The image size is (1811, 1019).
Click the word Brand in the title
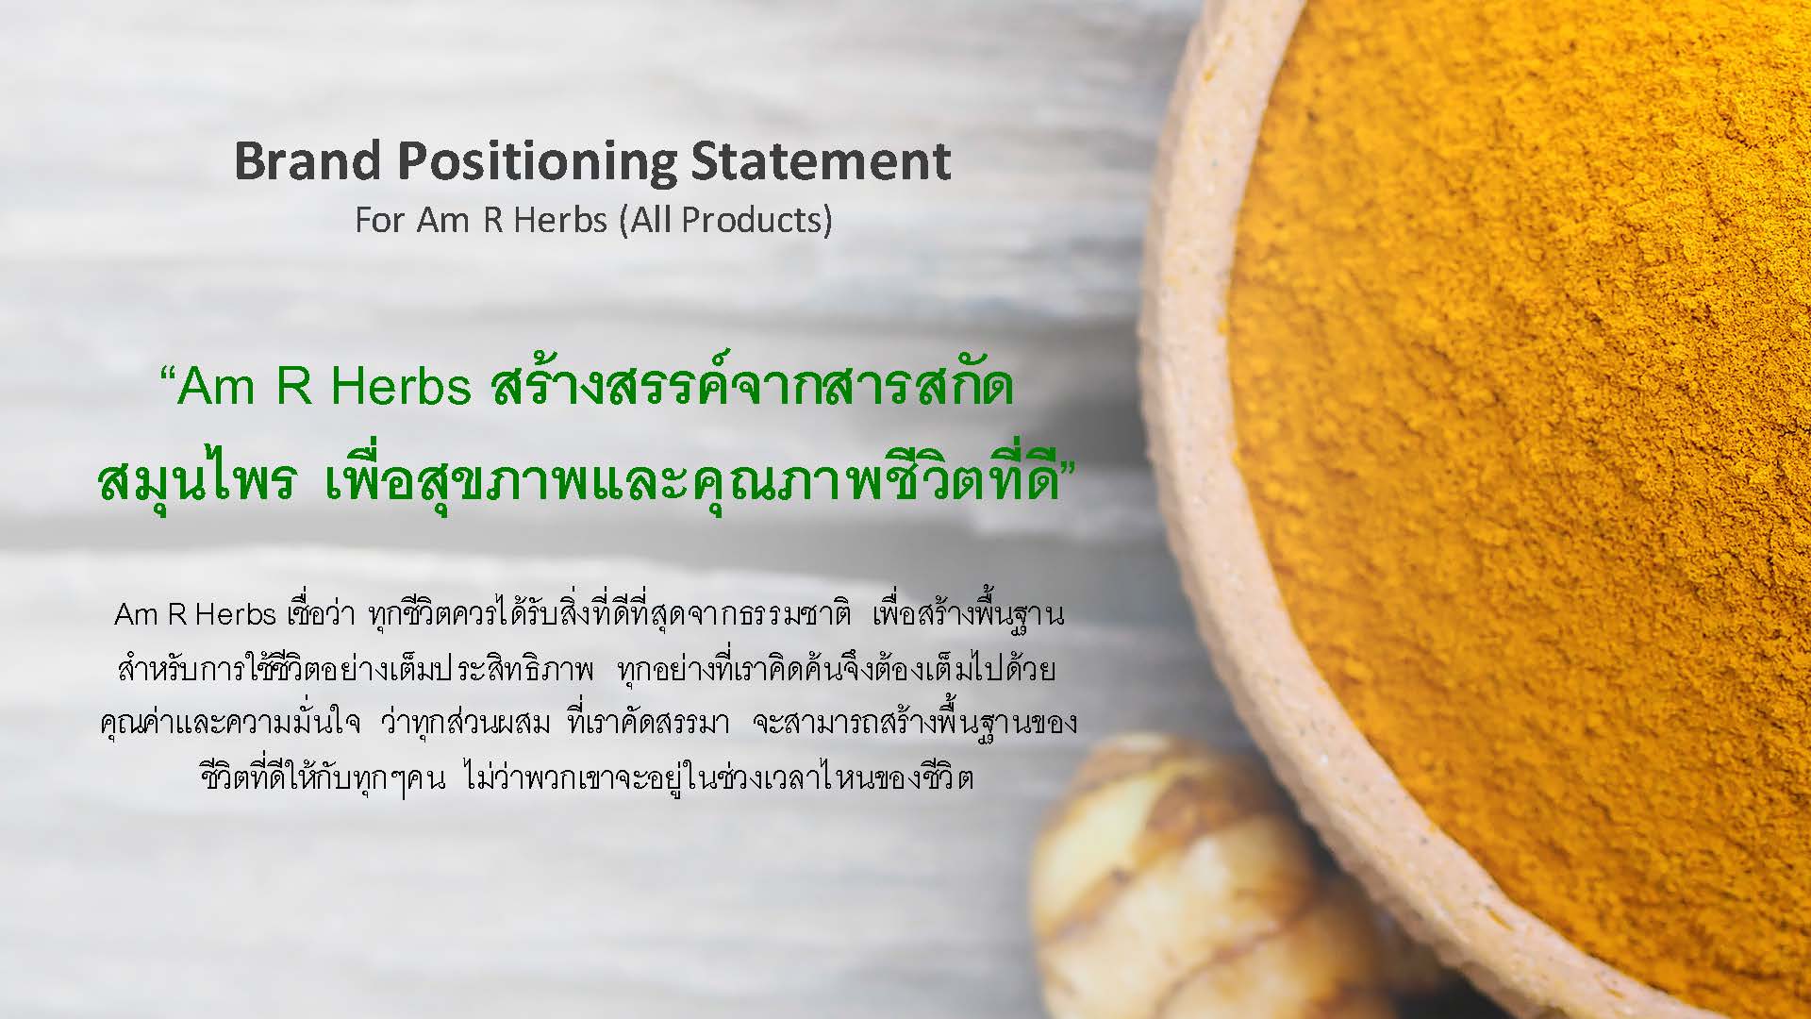pyautogui.click(x=308, y=160)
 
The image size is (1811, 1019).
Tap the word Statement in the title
pyautogui.click(x=822, y=160)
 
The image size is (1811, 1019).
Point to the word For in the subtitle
pyautogui.click(x=380, y=220)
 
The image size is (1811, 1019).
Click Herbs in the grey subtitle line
pyautogui.click(x=560, y=220)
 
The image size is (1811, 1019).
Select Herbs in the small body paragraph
pyautogui.click(x=235, y=614)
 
